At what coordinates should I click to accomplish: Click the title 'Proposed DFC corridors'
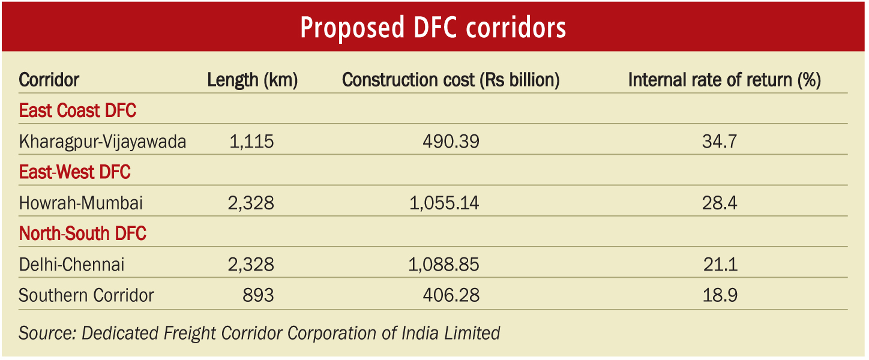click(x=433, y=27)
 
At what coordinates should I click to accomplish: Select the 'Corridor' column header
click(x=49, y=80)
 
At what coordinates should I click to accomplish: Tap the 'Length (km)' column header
click(x=253, y=80)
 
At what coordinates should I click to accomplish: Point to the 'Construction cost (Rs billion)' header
click(x=451, y=80)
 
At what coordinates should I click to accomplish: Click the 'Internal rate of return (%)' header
click(x=724, y=80)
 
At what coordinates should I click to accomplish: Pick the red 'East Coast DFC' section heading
click(x=77, y=111)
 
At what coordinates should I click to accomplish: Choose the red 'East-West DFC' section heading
click(x=75, y=173)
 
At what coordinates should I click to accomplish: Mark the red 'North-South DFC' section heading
click(x=83, y=234)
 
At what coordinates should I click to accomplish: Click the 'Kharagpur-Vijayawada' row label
click(x=103, y=142)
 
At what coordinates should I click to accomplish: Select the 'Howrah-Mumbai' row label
click(x=81, y=203)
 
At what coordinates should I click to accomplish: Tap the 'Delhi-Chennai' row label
click(x=72, y=265)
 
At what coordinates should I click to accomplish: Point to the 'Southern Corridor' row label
click(x=86, y=296)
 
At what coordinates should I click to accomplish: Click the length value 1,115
click(x=251, y=142)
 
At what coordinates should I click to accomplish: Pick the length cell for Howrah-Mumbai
click(x=251, y=203)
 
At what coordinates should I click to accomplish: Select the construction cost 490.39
click(x=451, y=142)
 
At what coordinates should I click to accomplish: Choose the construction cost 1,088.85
click(x=444, y=265)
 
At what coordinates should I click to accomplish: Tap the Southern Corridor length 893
click(x=258, y=296)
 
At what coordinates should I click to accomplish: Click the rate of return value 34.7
click(x=719, y=142)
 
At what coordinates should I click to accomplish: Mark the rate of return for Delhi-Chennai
click(x=719, y=265)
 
